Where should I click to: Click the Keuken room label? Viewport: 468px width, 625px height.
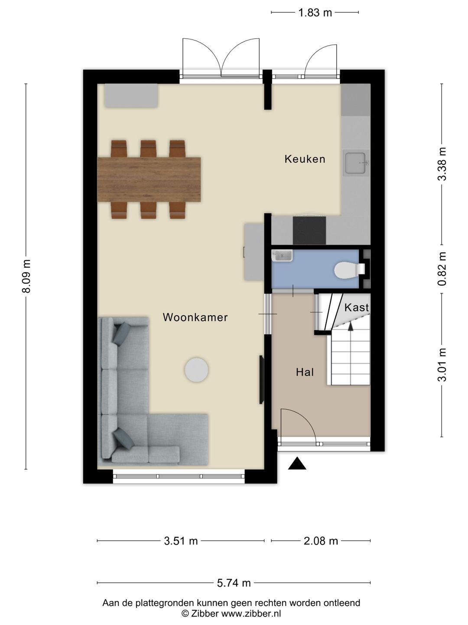tap(305, 159)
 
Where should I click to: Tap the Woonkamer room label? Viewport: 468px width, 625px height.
tap(195, 317)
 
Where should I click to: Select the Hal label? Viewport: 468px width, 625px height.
tap(305, 372)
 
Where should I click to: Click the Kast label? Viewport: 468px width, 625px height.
tap(356, 307)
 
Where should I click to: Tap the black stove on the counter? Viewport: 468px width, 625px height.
tap(309, 230)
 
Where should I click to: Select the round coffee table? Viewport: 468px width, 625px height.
tap(197, 370)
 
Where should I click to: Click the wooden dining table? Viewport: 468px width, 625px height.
tap(149, 179)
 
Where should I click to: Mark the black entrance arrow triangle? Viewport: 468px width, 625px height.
tap(297, 464)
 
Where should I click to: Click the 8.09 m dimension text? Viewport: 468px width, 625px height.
tap(26, 276)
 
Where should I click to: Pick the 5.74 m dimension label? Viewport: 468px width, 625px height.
tap(234, 583)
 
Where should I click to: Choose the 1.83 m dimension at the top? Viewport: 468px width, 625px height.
tap(315, 13)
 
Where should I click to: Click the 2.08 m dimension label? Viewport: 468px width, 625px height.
tap(321, 541)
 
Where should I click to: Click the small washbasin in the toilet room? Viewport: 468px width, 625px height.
tap(282, 255)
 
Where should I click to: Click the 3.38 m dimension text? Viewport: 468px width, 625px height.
tap(442, 164)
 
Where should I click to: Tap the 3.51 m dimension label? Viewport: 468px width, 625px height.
tap(181, 541)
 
